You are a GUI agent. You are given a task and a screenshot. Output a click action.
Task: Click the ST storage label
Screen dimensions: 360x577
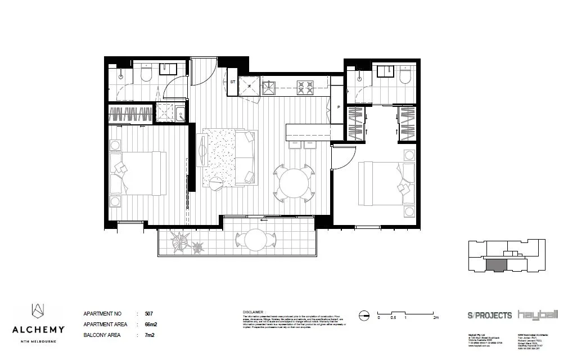232,82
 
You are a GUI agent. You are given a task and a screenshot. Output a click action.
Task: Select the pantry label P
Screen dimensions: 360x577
339,107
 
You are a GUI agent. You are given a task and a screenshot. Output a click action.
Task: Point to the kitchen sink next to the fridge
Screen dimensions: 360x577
269,87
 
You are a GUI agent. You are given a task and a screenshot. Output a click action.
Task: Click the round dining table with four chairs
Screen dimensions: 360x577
294,183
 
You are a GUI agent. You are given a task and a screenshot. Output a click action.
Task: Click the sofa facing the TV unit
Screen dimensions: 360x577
246,157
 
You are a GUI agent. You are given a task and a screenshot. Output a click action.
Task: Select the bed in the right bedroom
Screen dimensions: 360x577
382,183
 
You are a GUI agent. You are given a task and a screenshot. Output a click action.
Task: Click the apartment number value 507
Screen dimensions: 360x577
148,313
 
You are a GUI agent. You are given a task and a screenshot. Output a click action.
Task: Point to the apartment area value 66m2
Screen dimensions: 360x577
150,324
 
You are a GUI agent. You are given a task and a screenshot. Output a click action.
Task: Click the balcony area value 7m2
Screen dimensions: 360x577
149,335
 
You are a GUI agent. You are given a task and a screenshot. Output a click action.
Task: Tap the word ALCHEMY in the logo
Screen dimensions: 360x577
38,330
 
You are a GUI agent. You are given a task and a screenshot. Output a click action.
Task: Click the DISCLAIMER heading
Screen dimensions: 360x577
254,311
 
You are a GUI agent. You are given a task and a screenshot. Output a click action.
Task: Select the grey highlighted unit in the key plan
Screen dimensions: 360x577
495,265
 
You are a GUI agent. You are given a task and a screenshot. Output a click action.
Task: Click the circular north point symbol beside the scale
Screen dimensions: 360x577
364,314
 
